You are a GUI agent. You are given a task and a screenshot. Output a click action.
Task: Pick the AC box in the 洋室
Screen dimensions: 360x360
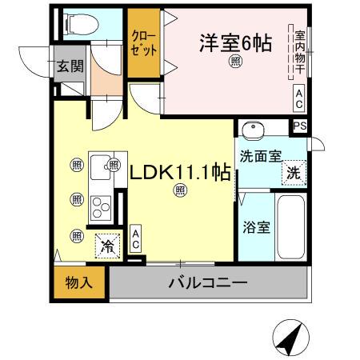tap(298, 100)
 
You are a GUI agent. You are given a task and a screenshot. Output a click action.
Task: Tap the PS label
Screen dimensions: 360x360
tap(299, 126)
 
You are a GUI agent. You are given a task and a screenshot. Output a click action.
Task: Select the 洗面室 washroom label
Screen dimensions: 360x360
tap(258, 156)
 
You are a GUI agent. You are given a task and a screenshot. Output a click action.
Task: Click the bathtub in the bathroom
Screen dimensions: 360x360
tap(290, 226)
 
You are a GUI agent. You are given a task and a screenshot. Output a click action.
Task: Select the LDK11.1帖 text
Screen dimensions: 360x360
tap(180, 171)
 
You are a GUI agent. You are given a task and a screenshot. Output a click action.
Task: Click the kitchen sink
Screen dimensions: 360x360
tap(102, 166)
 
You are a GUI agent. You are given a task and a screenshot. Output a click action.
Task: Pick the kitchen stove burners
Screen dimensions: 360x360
tap(102, 209)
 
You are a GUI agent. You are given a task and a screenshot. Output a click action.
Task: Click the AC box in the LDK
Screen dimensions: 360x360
tap(136, 238)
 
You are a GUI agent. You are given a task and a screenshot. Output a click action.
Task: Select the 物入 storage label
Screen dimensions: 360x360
tap(79, 283)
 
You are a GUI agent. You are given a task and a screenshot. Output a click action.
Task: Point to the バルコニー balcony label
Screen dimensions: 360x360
tap(207, 282)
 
